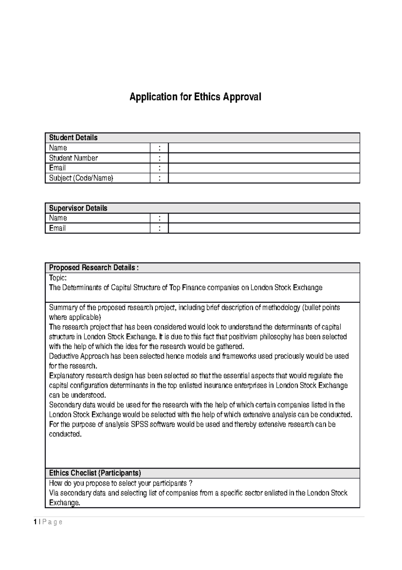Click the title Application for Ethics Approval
click(x=195, y=97)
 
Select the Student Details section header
click(x=73, y=138)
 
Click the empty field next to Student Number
click(x=264, y=158)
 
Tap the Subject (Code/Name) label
click(x=81, y=178)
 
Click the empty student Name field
click(x=264, y=148)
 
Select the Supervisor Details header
click(x=78, y=208)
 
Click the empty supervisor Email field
click(x=264, y=228)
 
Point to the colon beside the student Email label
click(x=159, y=168)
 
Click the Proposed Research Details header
click(x=93, y=268)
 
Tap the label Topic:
click(x=58, y=278)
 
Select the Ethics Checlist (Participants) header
click(x=95, y=473)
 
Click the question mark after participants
click(x=191, y=483)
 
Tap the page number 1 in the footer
click(x=35, y=522)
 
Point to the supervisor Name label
click(x=58, y=218)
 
